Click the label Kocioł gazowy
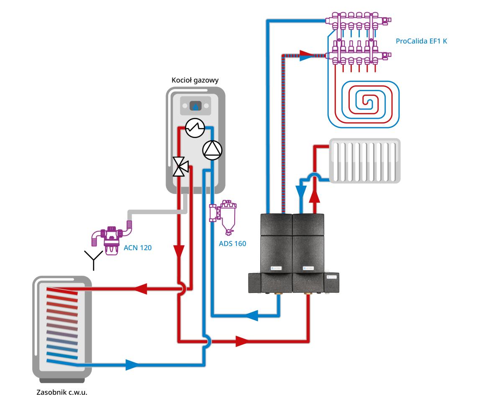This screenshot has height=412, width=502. coord(195,80)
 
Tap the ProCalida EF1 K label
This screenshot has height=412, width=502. coord(424,41)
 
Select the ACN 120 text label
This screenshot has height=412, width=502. coord(138,248)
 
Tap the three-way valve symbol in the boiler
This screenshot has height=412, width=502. coord(181,167)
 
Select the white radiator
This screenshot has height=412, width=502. coord(365,161)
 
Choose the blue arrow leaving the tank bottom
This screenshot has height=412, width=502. coord(131,365)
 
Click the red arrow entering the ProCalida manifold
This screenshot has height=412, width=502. coord(307,55)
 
